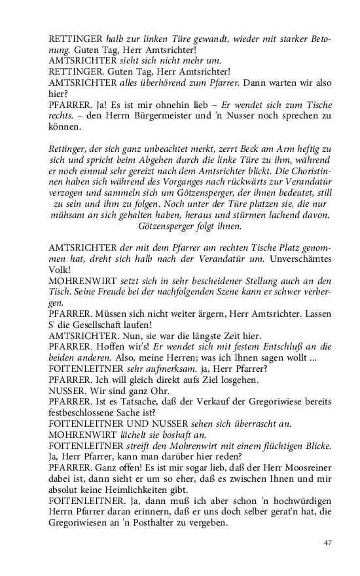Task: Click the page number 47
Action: pyautogui.click(x=329, y=543)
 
